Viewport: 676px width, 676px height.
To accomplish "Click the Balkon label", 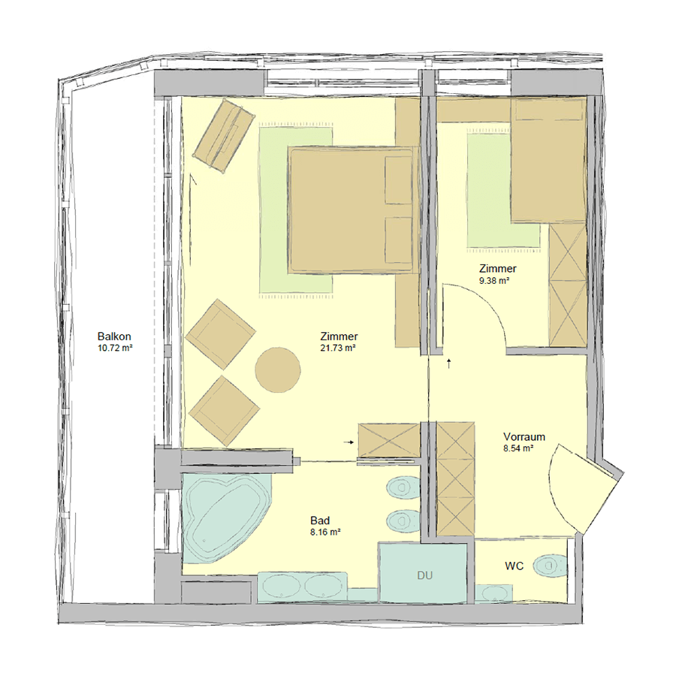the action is pyautogui.click(x=114, y=336).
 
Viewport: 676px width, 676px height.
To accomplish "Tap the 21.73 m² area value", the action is pyautogui.click(x=338, y=348).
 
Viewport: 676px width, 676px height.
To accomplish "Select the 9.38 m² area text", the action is pyautogui.click(x=494, y=281).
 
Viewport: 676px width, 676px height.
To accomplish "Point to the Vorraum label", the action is pyautogui.click(x=524, y=436).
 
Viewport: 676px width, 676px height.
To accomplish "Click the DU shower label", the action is pyautogui.click(x=424, y=575).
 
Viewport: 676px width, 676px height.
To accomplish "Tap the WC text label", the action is pyautogui.click(x=515, y=566).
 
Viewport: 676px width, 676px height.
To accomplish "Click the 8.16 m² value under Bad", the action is pyautogui.click(x=325, y=532).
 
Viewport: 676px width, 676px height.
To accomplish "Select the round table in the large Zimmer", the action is pyautogui.click(x=278, y=370).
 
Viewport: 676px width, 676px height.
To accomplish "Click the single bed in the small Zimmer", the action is pyautogui.click(x=548, y=160).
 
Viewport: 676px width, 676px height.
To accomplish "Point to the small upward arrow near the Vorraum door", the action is pyautogui.click(x=449, y=363).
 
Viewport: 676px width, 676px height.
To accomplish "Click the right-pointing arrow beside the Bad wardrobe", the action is pyautogui.click(x=349, y=442).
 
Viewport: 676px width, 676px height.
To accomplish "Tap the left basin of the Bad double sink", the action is pyautogui.click(x=282, y=587).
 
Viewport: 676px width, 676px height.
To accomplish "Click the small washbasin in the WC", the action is pyautogui.click(x=494, y=593).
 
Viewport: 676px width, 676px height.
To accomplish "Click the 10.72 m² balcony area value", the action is pyautogui.click(x=115, y=348).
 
